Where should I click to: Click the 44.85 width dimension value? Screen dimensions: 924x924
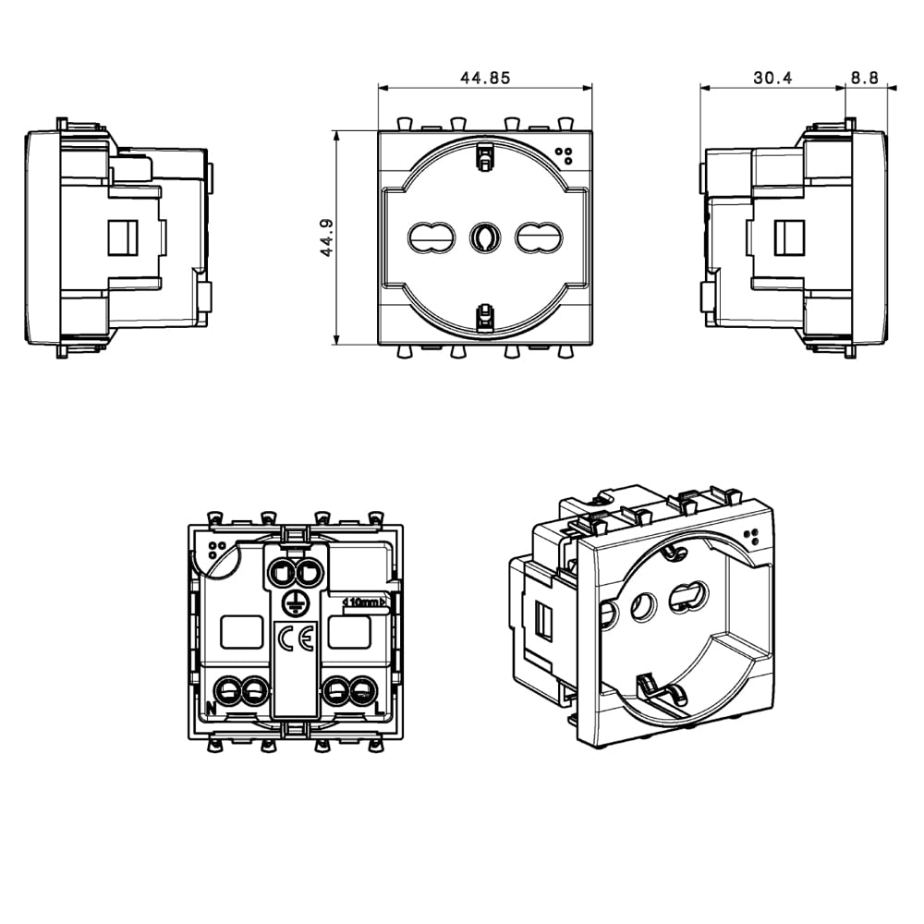pos(484,78)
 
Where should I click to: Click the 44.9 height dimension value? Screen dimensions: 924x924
pos(326,237)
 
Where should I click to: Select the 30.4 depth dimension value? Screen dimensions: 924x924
pos(772,78)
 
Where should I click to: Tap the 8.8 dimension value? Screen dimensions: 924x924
pos(865,78)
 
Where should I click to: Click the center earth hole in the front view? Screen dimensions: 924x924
pos(484,237)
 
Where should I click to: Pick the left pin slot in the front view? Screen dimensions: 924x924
pos(432,237)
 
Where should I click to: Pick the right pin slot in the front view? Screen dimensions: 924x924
pos(539,237)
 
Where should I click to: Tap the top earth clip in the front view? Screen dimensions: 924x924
pos(484,157)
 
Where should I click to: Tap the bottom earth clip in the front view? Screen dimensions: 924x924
pos(484,318)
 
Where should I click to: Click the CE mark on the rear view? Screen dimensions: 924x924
pos(297,638)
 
